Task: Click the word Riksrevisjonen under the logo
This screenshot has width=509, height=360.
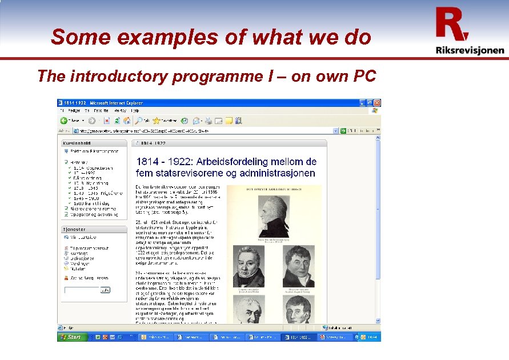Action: (470, 50)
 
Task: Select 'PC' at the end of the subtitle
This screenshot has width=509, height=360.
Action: (364, 76)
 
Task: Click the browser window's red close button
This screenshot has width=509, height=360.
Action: (377, 102)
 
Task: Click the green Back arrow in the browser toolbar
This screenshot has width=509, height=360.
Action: (65, 121)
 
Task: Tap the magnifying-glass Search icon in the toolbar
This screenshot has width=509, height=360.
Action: (139, 121)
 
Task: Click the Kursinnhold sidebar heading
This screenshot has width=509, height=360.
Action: (79, 143)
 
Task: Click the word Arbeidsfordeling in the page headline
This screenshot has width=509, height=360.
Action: (256, 162)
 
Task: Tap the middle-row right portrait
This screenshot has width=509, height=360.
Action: (298, 267)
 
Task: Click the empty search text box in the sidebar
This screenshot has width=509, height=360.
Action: (82, 290)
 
